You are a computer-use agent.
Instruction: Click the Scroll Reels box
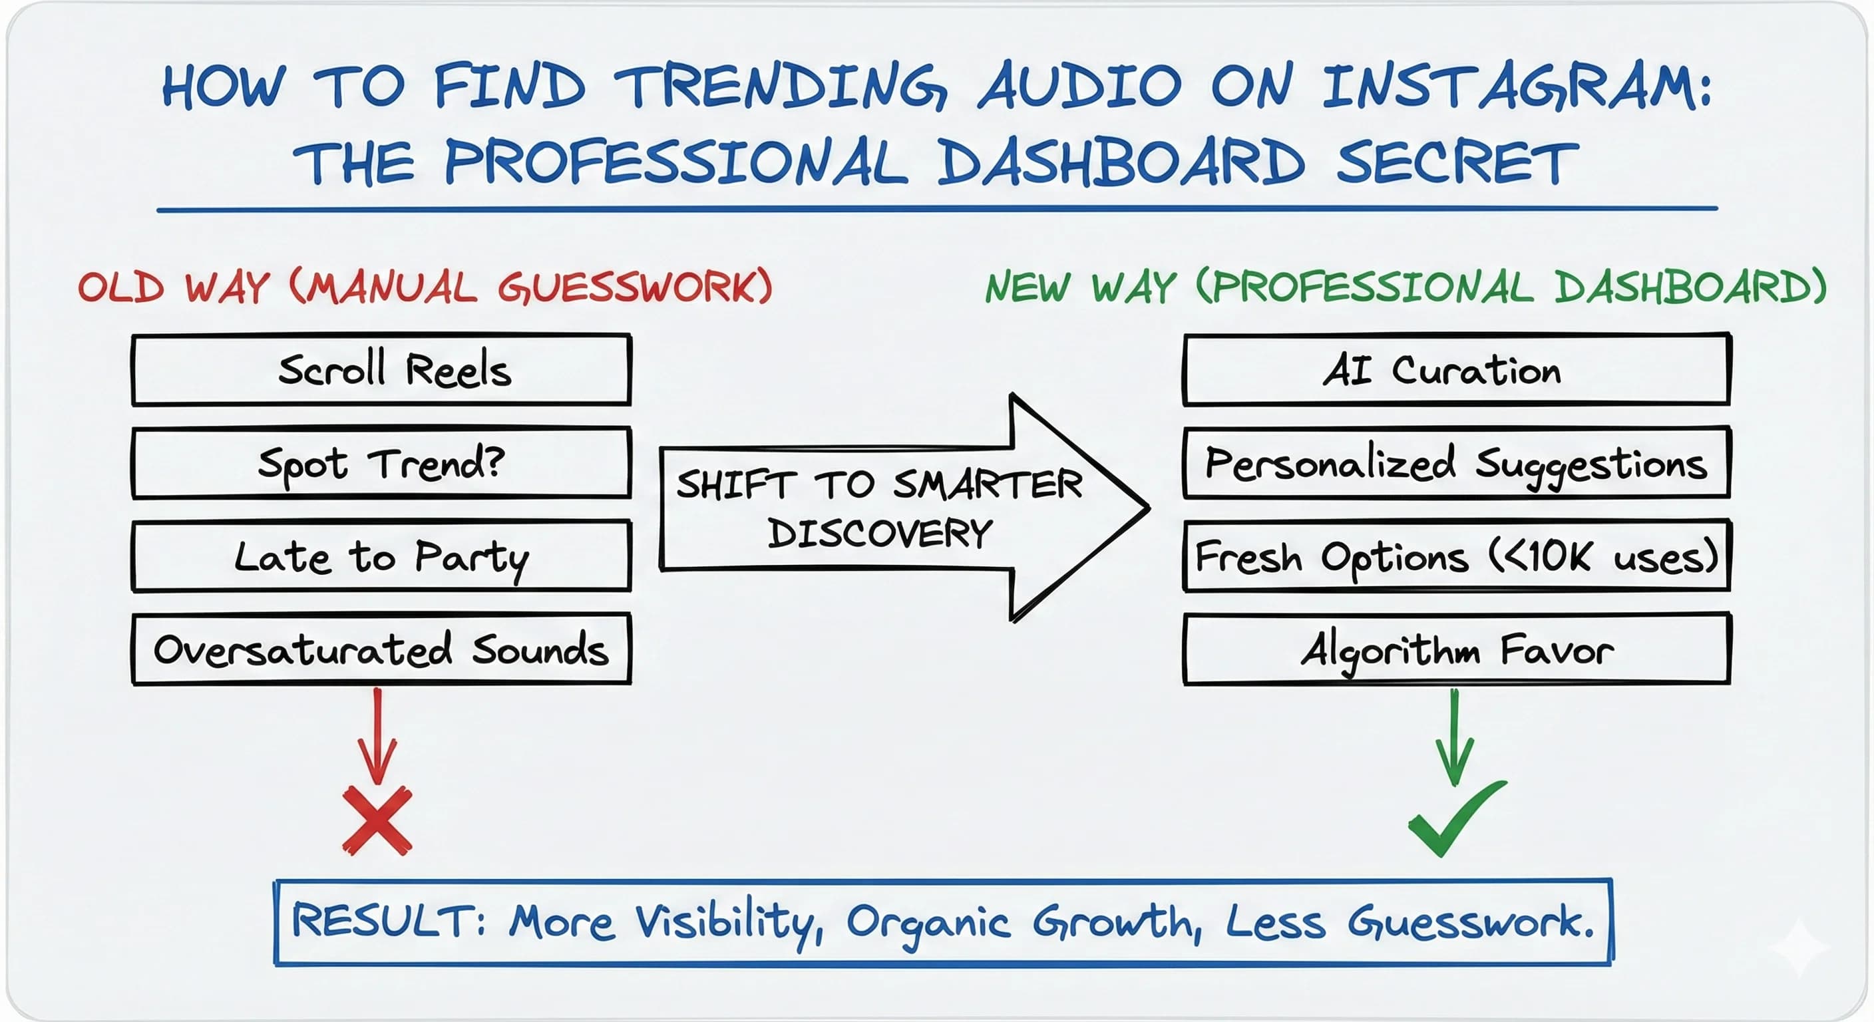pos(381,369)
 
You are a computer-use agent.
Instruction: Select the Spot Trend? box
pos(381,463)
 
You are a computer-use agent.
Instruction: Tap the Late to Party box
pos(381,556)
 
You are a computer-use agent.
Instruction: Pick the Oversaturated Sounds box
pos(381,649)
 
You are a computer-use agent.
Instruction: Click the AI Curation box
pos(1457,369)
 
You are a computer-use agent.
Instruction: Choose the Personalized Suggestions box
pos(1457,463)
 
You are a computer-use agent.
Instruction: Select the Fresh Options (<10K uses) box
pos(1457,556)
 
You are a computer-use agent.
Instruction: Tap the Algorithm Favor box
pos(1457,649)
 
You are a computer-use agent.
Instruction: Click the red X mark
pos(377,820)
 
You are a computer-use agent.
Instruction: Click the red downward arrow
pos(377,735)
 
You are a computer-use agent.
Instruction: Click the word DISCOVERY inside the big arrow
pos(880,533)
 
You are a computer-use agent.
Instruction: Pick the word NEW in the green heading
pos(1028,287)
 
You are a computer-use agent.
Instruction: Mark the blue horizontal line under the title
pos(937,210)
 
